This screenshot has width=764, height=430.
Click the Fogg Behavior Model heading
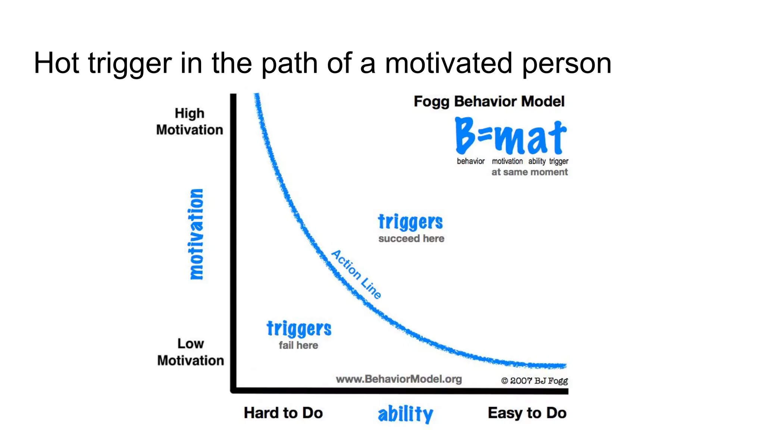[489, 102]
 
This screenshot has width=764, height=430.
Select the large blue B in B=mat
[465, 135]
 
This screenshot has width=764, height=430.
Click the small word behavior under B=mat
[470, 161]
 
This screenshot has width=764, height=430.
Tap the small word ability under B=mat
[537, 161]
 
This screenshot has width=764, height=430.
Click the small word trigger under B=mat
[558, 161]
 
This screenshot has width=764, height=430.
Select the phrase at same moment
[529, 172]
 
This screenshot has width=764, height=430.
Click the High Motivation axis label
[190, 122]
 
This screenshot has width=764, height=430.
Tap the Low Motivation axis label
[191, 352]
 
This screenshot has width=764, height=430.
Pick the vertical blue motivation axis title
[196, 234]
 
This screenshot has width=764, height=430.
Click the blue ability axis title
[406, 414]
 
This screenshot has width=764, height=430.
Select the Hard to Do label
[283, 413]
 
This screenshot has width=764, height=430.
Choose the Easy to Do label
[527, 413]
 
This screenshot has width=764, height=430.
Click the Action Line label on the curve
[357, 275]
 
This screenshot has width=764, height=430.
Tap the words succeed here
[411, 239]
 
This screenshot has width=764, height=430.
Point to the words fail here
[298, 345]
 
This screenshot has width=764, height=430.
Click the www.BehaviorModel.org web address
[399, 379]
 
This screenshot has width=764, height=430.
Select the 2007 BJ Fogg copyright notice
[534, 381]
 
